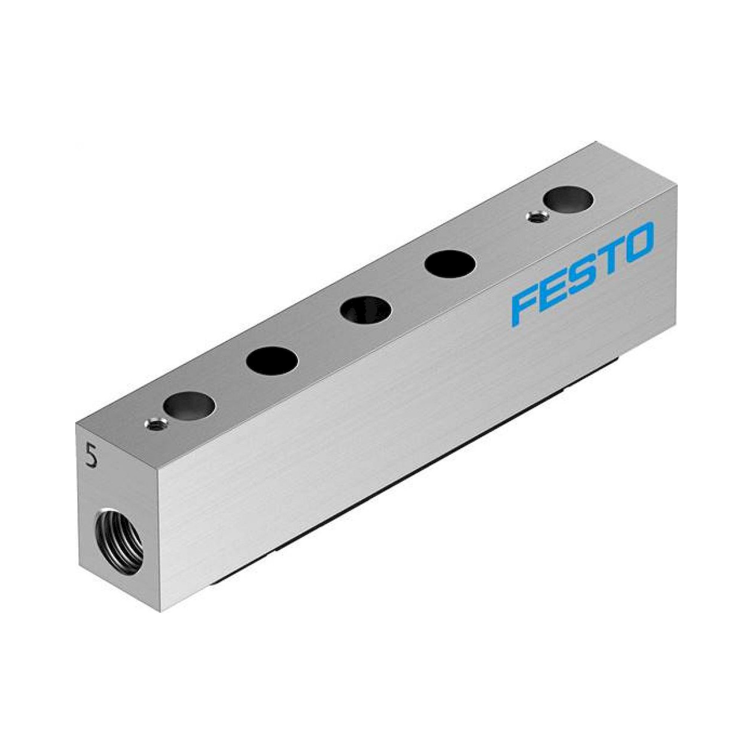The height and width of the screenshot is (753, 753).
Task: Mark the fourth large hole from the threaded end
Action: pyautogui.click(x=450, y=264)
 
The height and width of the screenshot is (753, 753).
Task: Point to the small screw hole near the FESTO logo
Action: pyautogui.click(x=537, y=217)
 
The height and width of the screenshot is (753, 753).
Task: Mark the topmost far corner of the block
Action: pyautogui.click(x=596, y=142)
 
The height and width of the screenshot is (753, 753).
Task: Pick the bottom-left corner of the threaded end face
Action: pyautogui.click(x=79, y=567)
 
